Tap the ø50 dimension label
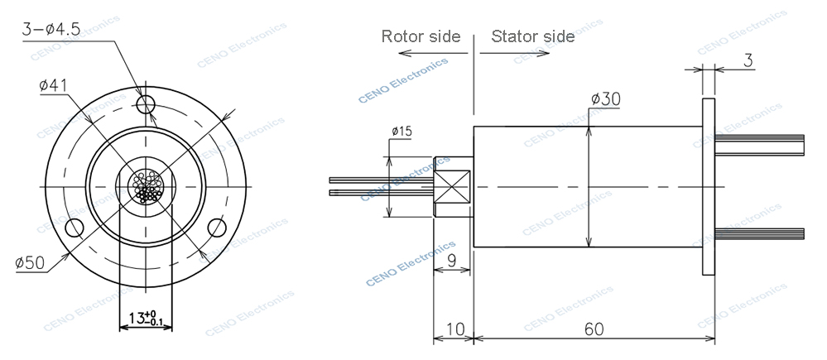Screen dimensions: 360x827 click(x=31, y=263)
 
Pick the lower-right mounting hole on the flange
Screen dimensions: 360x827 click(x=218, y=227)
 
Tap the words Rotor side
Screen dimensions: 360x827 click(x=420, y=36)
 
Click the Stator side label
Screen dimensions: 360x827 click(x=532, y=36)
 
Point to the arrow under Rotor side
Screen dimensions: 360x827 click(x=427, y=53)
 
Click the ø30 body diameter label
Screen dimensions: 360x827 click(x=606, y=99)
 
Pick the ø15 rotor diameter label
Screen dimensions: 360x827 click(x=401, y=131)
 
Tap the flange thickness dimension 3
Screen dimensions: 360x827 click(x=748, y=61)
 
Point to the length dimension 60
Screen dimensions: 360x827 click(x=593, y=329)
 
